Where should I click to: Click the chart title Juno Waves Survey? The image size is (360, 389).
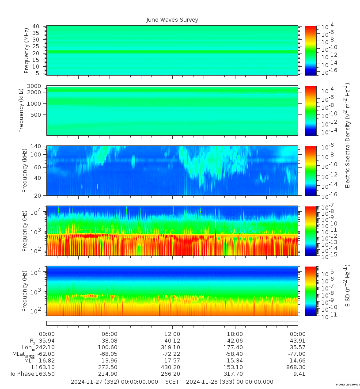point(172,20)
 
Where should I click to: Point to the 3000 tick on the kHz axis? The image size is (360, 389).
point(35,86)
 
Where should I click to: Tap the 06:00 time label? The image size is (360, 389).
point(110,334)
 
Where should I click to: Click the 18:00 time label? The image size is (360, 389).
point(235,334)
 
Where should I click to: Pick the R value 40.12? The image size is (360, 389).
point(172,341)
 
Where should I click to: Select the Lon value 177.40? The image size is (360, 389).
point(235,347)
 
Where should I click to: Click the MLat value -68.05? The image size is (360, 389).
point(110,354)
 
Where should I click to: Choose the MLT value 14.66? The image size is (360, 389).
point(298,361)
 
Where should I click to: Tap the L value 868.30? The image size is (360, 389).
point(298,367)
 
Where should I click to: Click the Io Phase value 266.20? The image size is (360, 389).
point(172,374)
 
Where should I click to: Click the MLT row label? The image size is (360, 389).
point(29,361)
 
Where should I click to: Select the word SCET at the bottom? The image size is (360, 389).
point(172,382)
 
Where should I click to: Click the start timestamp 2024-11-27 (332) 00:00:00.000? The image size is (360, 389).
point(114,382)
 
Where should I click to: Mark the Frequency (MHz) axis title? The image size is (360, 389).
point(27,50)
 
